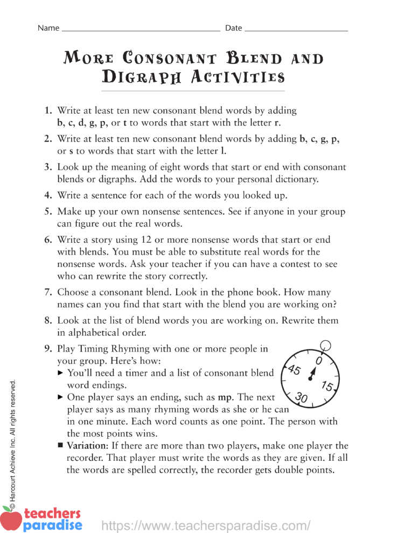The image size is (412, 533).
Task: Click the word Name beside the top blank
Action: (x=48, y=28)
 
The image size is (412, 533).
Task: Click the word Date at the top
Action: (x=233, y=28)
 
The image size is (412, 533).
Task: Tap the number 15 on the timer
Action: (x=326, y=386)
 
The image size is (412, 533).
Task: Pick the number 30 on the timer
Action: (x=302, y=398)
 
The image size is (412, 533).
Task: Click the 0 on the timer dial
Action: (x=319, y=360)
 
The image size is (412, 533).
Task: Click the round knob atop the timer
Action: (x=325, y=345)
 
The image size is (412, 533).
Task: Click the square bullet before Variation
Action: (x=60, y=446)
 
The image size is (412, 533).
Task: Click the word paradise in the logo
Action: (x=53, y=524)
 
